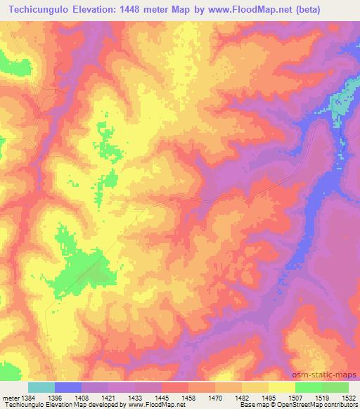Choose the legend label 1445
[x=162, y=397]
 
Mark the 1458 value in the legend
[x=188, y=397]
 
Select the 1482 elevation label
[x=242, y=397]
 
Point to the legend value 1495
[x=269, y=397]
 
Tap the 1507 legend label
[x=295, y=397]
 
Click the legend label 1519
[x=322, y=397]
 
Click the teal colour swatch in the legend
[x=41, y=387]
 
